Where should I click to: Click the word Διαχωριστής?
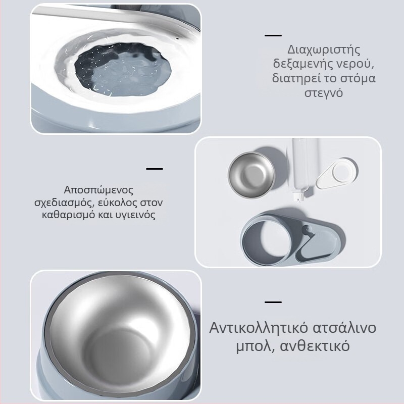(x=324, y=49)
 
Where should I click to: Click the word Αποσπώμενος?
(x=98, y=190)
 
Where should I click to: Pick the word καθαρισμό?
(x=68, y=215)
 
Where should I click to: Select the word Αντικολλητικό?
(x=259, y=327)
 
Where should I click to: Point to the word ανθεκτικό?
(x=315, y=346)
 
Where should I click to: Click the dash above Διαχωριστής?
(x=273, y=35)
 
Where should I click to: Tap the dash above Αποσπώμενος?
(x=155, y=169)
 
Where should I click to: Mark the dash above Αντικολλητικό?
(x=273, y=301)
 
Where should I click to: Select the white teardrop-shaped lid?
(x=337, y=173)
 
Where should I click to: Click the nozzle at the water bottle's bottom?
(x=299, y=197)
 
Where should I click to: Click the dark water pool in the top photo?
(x=123, y=69)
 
